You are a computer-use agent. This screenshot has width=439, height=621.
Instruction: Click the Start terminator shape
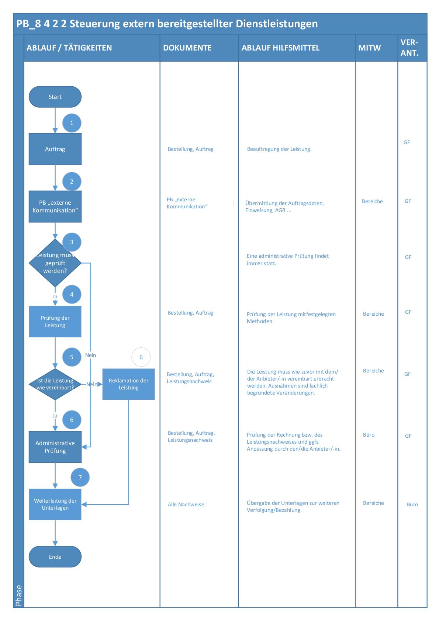[x=55, y=97]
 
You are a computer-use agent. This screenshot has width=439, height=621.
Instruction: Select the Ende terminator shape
[x=55, y=556]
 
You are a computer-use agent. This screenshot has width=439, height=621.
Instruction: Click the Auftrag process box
[x=55, y=149]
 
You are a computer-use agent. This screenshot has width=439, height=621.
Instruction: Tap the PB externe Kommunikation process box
[x=55, y=207]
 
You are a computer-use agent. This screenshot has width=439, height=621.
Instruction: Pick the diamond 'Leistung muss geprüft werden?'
[x=55, y=263]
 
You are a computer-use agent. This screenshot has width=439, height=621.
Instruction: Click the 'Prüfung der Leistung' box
[x=55, y=322]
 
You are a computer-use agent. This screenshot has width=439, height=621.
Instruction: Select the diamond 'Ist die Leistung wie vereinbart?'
[x=55, y=384]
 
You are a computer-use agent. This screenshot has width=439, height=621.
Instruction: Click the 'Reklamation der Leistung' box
[x=128, y=384]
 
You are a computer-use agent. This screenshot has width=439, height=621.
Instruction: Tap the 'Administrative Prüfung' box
[x=55, y=447]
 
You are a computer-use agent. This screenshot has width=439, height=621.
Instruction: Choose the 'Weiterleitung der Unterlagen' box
[x=55, y=504]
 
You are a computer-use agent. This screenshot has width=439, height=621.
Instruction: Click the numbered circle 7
[x=80, y=478]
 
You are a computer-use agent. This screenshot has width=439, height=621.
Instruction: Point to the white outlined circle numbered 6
[x=141, y=357]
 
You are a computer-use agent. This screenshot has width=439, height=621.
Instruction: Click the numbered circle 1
[x=72, y=123]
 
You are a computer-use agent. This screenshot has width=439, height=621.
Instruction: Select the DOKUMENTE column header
[x=187, y=48]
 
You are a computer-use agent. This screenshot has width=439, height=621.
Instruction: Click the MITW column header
[x=369, y=48]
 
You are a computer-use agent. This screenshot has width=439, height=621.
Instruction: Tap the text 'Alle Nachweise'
[x=186, y=504]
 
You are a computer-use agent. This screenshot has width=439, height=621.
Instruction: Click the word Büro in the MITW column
[x=369, y=435]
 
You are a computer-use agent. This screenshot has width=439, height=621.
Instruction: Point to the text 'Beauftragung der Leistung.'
[x=279, y=149]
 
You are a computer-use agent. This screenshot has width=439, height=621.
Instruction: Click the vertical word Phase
[x=19, y=595]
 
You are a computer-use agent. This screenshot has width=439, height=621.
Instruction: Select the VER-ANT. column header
[x=410, y=48]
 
